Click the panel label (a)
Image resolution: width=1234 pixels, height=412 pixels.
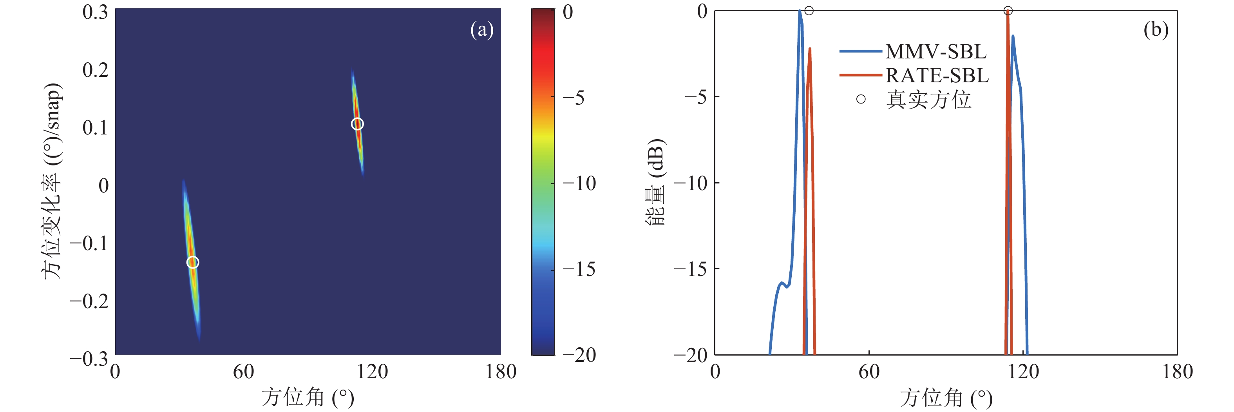coord(481,30)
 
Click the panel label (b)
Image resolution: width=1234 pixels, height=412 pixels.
coord(1155,30)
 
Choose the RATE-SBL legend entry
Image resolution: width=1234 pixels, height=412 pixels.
coord(937,75)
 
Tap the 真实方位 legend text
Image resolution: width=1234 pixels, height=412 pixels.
coord(928,100)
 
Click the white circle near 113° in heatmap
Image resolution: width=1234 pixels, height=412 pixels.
coord(357,124)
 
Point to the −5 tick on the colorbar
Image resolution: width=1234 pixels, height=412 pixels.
coord(574,98)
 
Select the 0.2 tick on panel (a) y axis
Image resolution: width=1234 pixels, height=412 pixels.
coord(95,70)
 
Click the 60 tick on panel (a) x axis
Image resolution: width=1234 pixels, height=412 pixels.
coord(243,372)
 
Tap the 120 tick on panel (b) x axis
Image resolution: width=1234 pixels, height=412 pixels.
coord(1023,372)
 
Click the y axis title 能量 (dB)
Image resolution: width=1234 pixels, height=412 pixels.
coord(655,182)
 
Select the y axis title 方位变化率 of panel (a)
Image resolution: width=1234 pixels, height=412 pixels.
coord(52,181)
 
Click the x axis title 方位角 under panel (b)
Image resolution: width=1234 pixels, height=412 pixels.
coord(946,397)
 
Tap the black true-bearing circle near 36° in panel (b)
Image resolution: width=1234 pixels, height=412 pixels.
coord(809,11)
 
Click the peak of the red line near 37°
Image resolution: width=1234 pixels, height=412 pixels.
coord(810,49)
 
